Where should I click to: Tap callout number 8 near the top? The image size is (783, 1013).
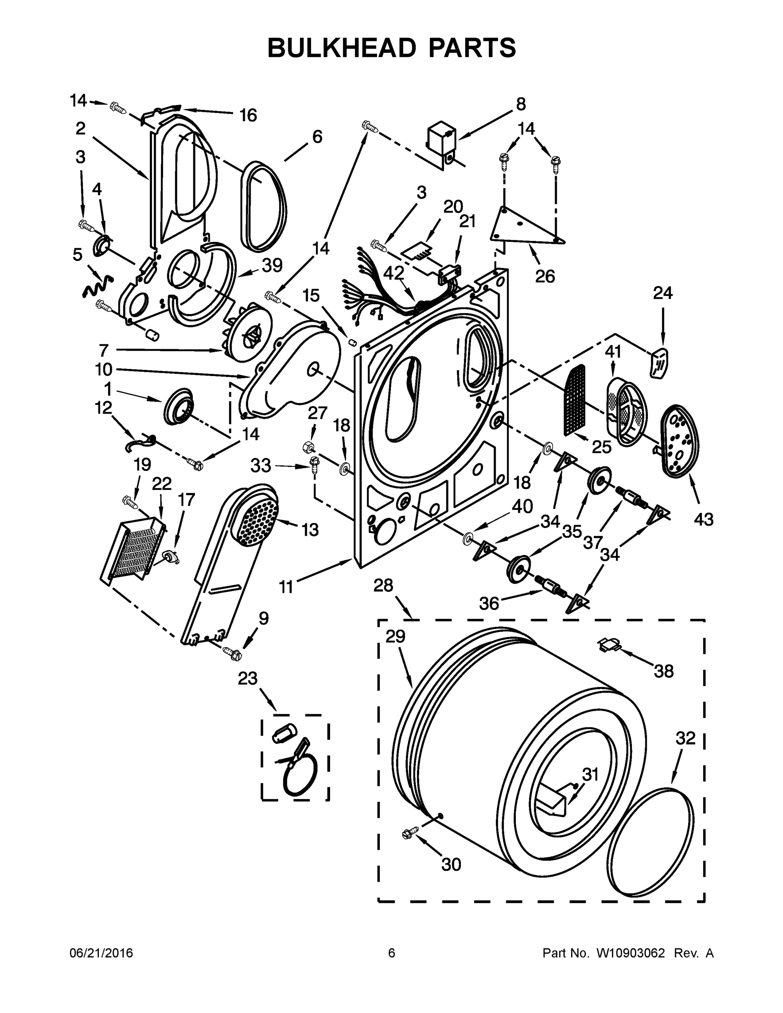pos(521,104)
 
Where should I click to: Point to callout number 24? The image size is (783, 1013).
pos(662,294)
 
